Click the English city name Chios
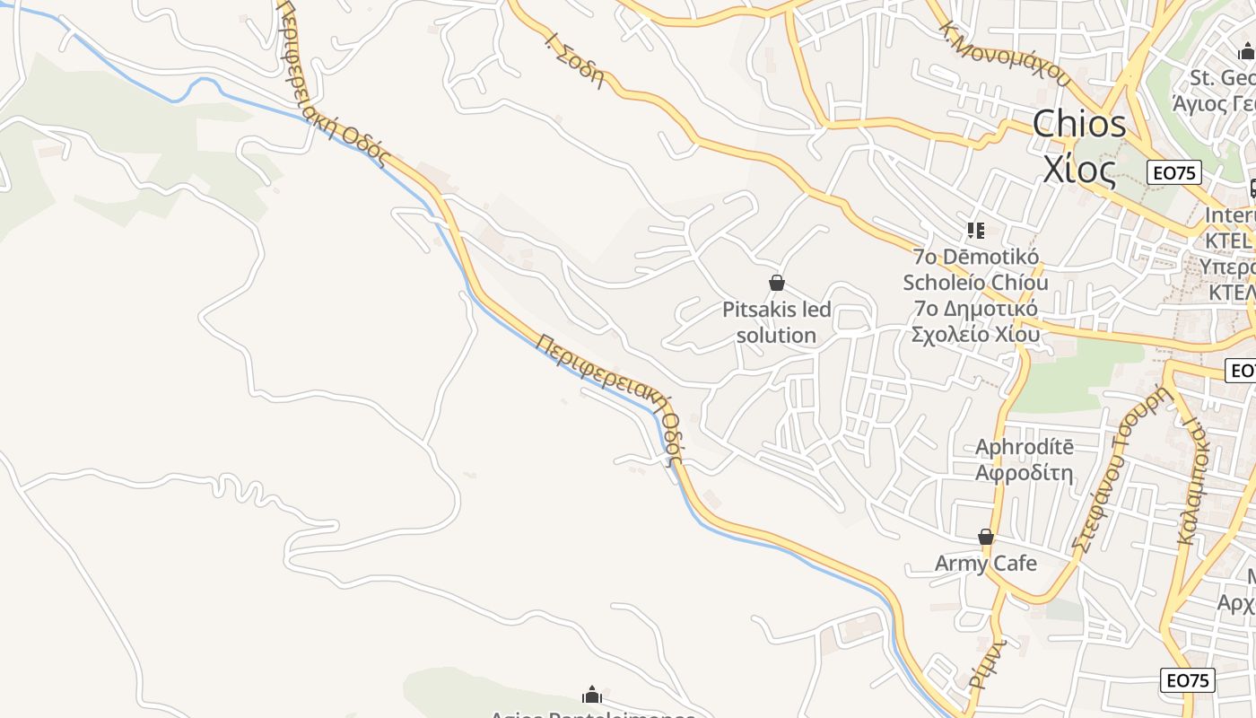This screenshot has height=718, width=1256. pos(1079,125)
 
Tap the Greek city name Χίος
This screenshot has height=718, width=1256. pos(1079,168)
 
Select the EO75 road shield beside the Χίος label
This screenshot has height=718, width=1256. pos(1173,172)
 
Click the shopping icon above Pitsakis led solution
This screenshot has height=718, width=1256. pos(777,284)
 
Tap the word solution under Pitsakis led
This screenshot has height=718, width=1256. pos(776,336)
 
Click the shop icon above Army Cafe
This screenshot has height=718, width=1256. pos(986,537)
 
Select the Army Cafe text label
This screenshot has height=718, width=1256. pos(986,564)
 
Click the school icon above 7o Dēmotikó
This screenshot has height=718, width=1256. pos(976,231)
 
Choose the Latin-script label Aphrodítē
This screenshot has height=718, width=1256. pos(1025,447)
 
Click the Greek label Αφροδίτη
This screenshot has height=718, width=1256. pos(1025,472)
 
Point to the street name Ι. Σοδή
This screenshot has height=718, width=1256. pos(574,57)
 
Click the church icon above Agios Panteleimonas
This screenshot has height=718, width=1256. pos(592,695)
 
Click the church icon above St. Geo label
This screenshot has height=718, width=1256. pos(1246,52)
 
